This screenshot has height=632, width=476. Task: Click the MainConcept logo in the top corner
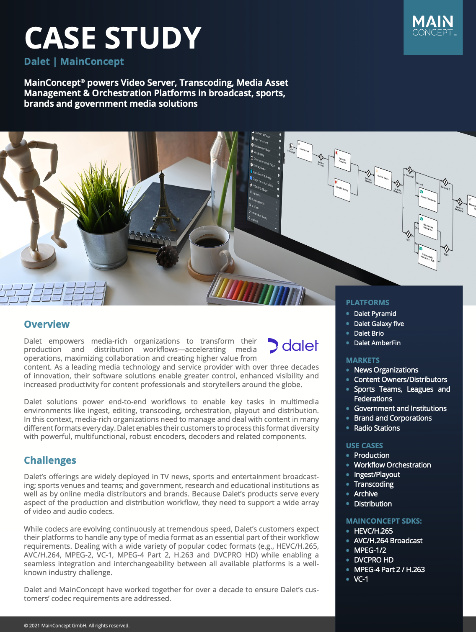pos(433,27)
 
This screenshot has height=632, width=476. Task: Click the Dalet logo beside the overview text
pos(293,346)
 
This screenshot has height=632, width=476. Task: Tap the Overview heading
pos(47,324)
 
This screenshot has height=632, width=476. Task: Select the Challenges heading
pos(50,460)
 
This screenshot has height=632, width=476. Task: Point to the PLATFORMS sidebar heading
pos(367,303)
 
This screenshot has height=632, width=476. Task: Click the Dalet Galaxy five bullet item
pos(379,324)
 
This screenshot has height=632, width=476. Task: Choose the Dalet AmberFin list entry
pos(377,343)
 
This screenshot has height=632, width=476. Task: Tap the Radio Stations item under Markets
pos(377,428)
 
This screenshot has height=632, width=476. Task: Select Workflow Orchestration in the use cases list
pos(392,465)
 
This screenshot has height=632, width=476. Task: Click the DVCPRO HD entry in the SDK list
pos(373,560)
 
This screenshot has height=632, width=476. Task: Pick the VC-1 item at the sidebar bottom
pos(361,579)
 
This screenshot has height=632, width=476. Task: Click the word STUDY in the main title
pos(153,38)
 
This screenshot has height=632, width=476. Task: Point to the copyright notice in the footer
pos(77,626)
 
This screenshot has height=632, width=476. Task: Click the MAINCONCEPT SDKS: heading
pos(383,521)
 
